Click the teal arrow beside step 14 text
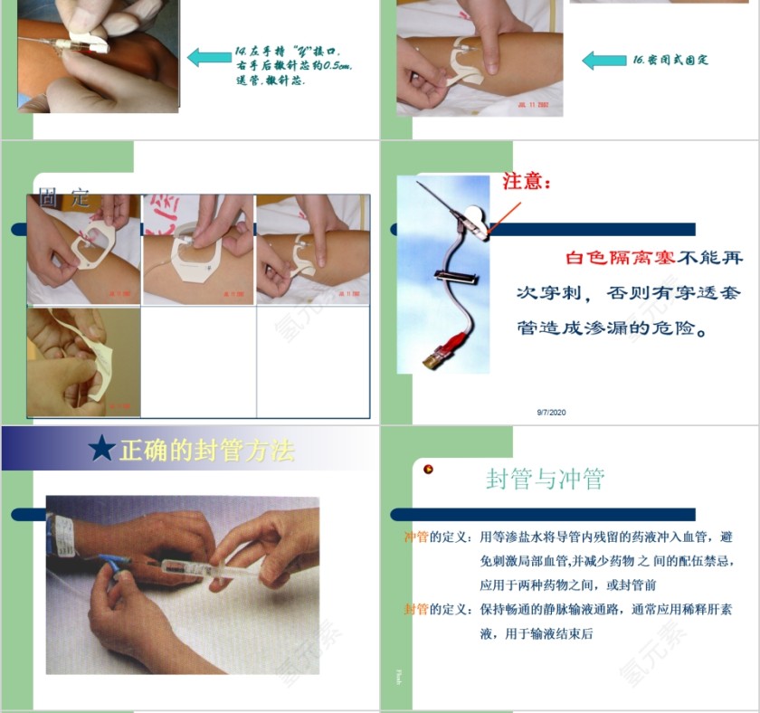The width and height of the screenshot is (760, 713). click(x=209, y=58)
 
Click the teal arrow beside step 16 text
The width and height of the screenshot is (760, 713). click(x=603, y=61)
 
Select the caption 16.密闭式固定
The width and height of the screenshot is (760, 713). click(x=670, y=61)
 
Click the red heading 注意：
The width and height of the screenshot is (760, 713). click(x=527, y=182)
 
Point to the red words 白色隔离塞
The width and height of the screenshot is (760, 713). click(x=620, y=258)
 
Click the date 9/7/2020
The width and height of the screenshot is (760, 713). click(x=551, y=413)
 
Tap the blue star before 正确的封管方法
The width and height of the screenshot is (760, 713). click(x=101, y=449)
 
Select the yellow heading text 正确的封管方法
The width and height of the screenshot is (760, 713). click(x=207, y=450)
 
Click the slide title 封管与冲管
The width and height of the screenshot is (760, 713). click(x=545, y=479)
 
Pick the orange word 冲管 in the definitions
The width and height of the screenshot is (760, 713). click(x=416, y=537)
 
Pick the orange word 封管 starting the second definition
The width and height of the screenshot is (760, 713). click(x=416, y=610)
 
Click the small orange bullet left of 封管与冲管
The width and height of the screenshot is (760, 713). click(x=429, y=469)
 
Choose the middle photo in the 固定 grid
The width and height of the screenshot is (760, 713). click(x=198, y=251)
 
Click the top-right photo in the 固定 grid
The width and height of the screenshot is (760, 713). click(x=312, y=251)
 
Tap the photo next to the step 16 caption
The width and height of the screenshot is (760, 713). click(x=480, y=60)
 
